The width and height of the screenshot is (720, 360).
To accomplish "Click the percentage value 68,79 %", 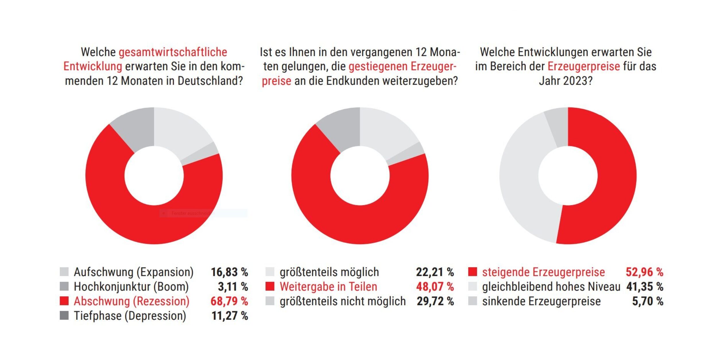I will coord(229,301).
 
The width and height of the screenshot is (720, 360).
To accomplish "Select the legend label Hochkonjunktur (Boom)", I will coord(131,287).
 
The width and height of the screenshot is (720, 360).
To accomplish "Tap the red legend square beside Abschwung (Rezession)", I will coord(64,301).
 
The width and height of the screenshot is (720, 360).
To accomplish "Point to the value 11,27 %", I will coord(230,316).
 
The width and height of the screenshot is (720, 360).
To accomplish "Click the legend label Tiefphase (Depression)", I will coord(130,316).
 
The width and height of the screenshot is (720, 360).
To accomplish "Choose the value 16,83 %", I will coord(229,272).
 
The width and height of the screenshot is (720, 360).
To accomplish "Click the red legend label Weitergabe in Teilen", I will coord(328,287).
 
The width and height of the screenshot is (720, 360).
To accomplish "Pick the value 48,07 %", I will coord(435,287).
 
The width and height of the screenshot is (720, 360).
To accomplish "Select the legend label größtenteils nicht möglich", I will coord(343,301).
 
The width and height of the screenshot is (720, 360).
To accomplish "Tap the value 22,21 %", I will coord(435,272).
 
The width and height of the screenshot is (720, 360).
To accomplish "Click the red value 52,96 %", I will coord(644,272).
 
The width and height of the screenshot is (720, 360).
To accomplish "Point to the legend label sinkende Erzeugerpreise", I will coord(541,301).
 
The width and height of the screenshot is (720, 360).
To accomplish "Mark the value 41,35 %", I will coord(645,287).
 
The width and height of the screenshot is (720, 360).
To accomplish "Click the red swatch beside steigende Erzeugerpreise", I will coord(473,272).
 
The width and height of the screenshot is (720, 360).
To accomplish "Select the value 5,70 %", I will coord(648,301).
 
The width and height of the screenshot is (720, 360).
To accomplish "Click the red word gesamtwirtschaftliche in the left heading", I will coord(173,52).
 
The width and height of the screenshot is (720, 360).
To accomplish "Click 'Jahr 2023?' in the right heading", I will coord(566,81).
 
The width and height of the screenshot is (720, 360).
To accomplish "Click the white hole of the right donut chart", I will coord(568,176).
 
